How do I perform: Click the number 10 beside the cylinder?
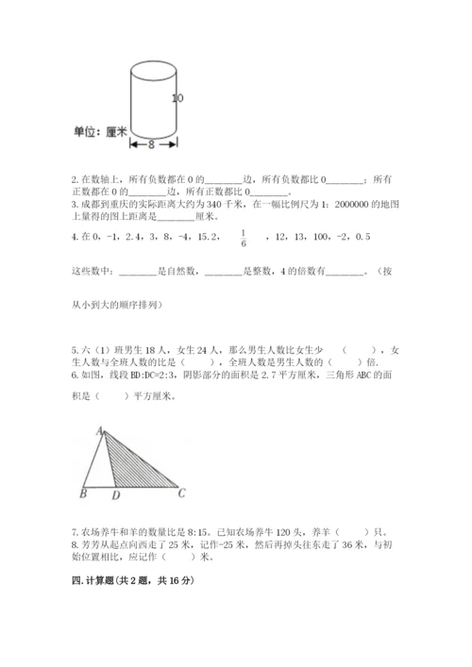(x=177, y=97)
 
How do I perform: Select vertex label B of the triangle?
(x=84, y=492)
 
